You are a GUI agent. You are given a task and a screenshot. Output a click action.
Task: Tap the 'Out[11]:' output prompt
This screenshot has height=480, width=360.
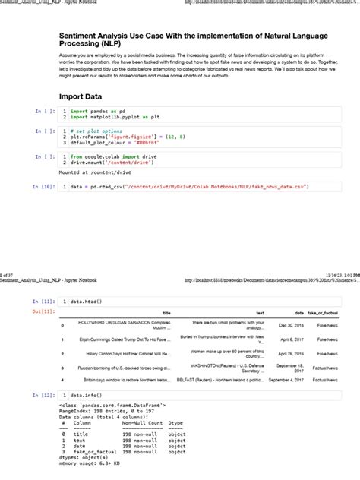(x=43, y=311)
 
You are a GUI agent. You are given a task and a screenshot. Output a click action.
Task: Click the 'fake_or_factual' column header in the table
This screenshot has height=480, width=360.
(x=323, y=313)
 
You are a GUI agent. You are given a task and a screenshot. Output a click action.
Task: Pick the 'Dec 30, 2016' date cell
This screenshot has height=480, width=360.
(x=292, y=325)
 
